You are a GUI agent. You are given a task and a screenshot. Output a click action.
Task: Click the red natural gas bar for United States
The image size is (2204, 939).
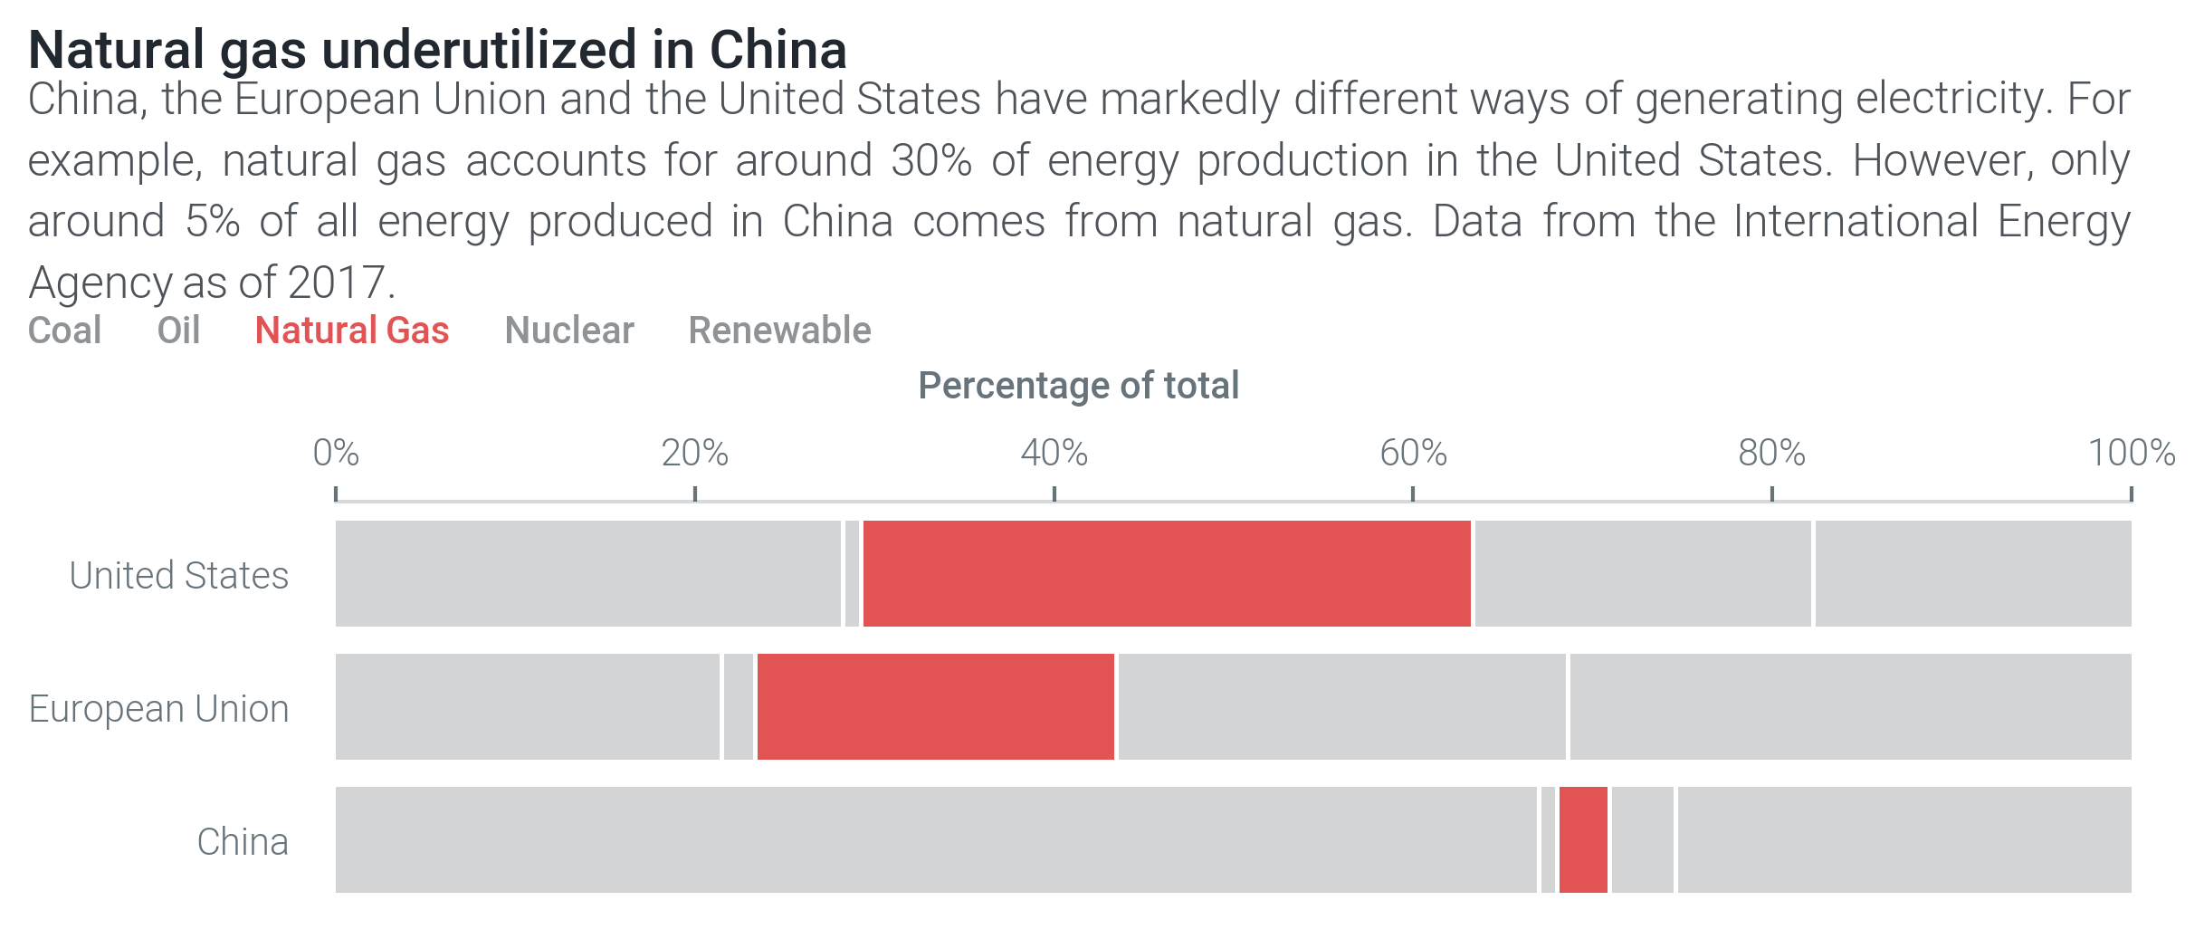(x=1166, y=573)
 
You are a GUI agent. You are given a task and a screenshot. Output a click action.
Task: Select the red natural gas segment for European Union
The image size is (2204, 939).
(x=935, y=706)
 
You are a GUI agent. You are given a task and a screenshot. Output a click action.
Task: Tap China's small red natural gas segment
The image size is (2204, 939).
(x=1583, y=839)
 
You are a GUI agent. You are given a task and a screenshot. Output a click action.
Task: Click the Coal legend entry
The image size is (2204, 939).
(x=64, y=331)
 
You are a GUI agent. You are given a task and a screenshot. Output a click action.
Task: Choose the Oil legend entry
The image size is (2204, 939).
(x=178, y=331)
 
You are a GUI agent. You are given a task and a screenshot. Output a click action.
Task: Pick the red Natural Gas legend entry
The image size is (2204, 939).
(x=351, y=331)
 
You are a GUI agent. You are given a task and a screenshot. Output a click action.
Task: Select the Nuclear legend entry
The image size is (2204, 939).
(x=568, y=331)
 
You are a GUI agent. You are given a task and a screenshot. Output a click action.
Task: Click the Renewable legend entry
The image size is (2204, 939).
(x=779, y=331)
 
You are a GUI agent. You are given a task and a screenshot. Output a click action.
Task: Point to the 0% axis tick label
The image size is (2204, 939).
(x=336, y=453)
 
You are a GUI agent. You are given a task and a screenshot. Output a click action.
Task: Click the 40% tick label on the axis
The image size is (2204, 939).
(x=1054, y=453)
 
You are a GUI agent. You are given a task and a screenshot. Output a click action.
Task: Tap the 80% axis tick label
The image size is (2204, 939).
(x=1771, y=453)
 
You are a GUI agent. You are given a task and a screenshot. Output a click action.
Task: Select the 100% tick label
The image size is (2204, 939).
(x=2131, y=453)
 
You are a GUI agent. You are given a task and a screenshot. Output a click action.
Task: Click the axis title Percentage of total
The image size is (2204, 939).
(x=1078, y=386)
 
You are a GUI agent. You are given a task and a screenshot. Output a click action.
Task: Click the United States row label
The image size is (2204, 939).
(x=178, y=576)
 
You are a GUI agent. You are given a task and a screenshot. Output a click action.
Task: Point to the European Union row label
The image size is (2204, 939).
(x=158, y=709)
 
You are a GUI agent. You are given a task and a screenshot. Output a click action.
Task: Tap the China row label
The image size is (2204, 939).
(x=242, y=842)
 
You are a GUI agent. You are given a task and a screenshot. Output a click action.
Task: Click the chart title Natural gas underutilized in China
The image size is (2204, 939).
(x=437, y=50)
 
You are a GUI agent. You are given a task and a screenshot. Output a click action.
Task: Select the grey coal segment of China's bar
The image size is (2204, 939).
(x=935, y=839)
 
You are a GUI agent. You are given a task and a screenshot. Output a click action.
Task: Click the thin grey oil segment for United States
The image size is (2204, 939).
(x=852, y=573)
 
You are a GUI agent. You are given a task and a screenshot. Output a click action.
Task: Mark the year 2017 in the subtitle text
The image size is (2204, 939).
(x=337, y=283)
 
